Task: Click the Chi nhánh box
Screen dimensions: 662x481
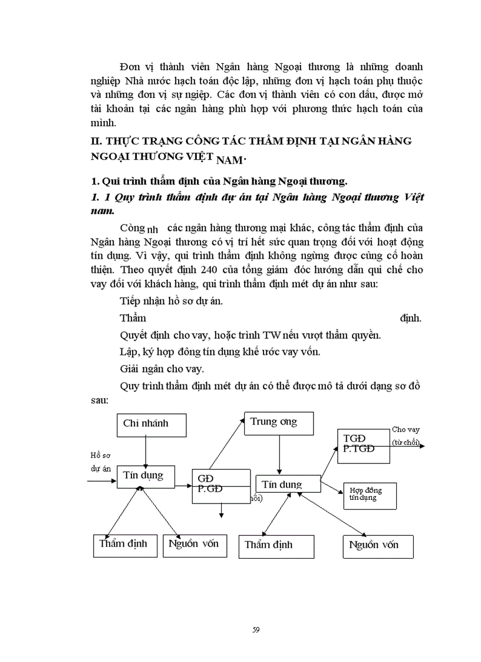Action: [x=151, y=424]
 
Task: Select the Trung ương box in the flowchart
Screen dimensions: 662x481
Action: [x=278, y=423]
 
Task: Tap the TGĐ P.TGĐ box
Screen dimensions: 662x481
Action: [x=363, y=444]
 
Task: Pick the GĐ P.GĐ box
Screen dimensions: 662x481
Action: [x=221, y=486]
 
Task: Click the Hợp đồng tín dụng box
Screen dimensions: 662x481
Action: [x=369, y=495]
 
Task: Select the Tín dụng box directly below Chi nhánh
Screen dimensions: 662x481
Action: [x=145, y=476]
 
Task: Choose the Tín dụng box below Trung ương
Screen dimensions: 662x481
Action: [x=287, y=485]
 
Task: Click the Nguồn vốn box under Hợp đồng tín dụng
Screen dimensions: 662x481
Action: [x=378, y=546]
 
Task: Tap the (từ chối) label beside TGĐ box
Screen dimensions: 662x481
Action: [x=405, y=442]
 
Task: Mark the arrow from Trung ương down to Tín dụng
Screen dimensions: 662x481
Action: [x=278, y=454]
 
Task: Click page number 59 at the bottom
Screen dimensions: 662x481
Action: [x=255, y=630]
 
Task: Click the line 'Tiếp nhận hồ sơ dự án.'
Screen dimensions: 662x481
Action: [x=171, y=301]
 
